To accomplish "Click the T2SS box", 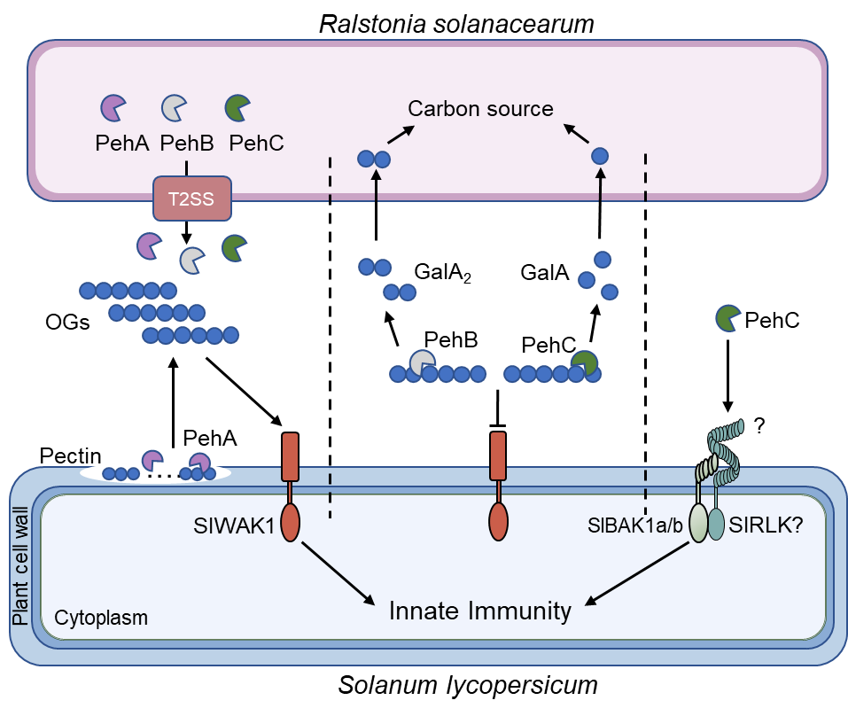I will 192,198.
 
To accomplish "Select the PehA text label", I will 121,143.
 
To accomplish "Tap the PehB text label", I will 187,143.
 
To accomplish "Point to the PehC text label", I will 256,143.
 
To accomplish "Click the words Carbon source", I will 480,109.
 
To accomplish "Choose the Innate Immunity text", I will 480,611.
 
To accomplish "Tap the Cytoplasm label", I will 101,617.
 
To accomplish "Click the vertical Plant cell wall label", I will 20,567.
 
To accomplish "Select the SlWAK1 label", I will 233,525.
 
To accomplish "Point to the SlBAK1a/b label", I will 635,525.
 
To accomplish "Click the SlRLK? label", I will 766,525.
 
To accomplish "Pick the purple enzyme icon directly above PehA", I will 113,108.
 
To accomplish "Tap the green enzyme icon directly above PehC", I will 237,108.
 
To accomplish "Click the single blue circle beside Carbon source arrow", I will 600,156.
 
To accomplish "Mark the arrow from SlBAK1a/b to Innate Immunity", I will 638,573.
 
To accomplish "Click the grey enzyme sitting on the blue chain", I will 423,362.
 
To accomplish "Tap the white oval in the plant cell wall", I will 156,472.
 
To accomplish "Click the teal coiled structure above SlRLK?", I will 724,447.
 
